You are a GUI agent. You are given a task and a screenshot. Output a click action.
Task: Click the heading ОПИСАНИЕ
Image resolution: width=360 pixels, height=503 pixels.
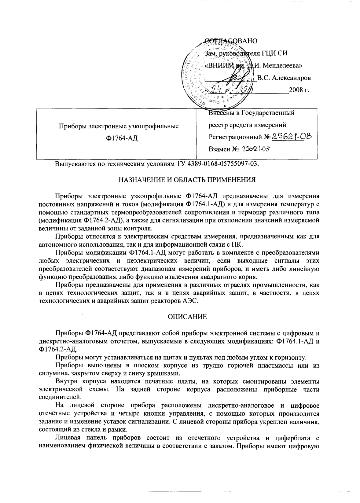[187, 317]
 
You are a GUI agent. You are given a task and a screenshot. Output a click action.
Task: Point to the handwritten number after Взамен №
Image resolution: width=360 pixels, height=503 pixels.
[256, 149]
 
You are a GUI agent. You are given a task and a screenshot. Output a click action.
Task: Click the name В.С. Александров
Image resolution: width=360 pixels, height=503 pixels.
[284, 78]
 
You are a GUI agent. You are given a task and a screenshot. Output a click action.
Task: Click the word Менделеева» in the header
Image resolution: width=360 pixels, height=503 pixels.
[278, 65]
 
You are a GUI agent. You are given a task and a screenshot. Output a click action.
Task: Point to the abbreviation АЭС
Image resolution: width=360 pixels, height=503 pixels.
[192, 301]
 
